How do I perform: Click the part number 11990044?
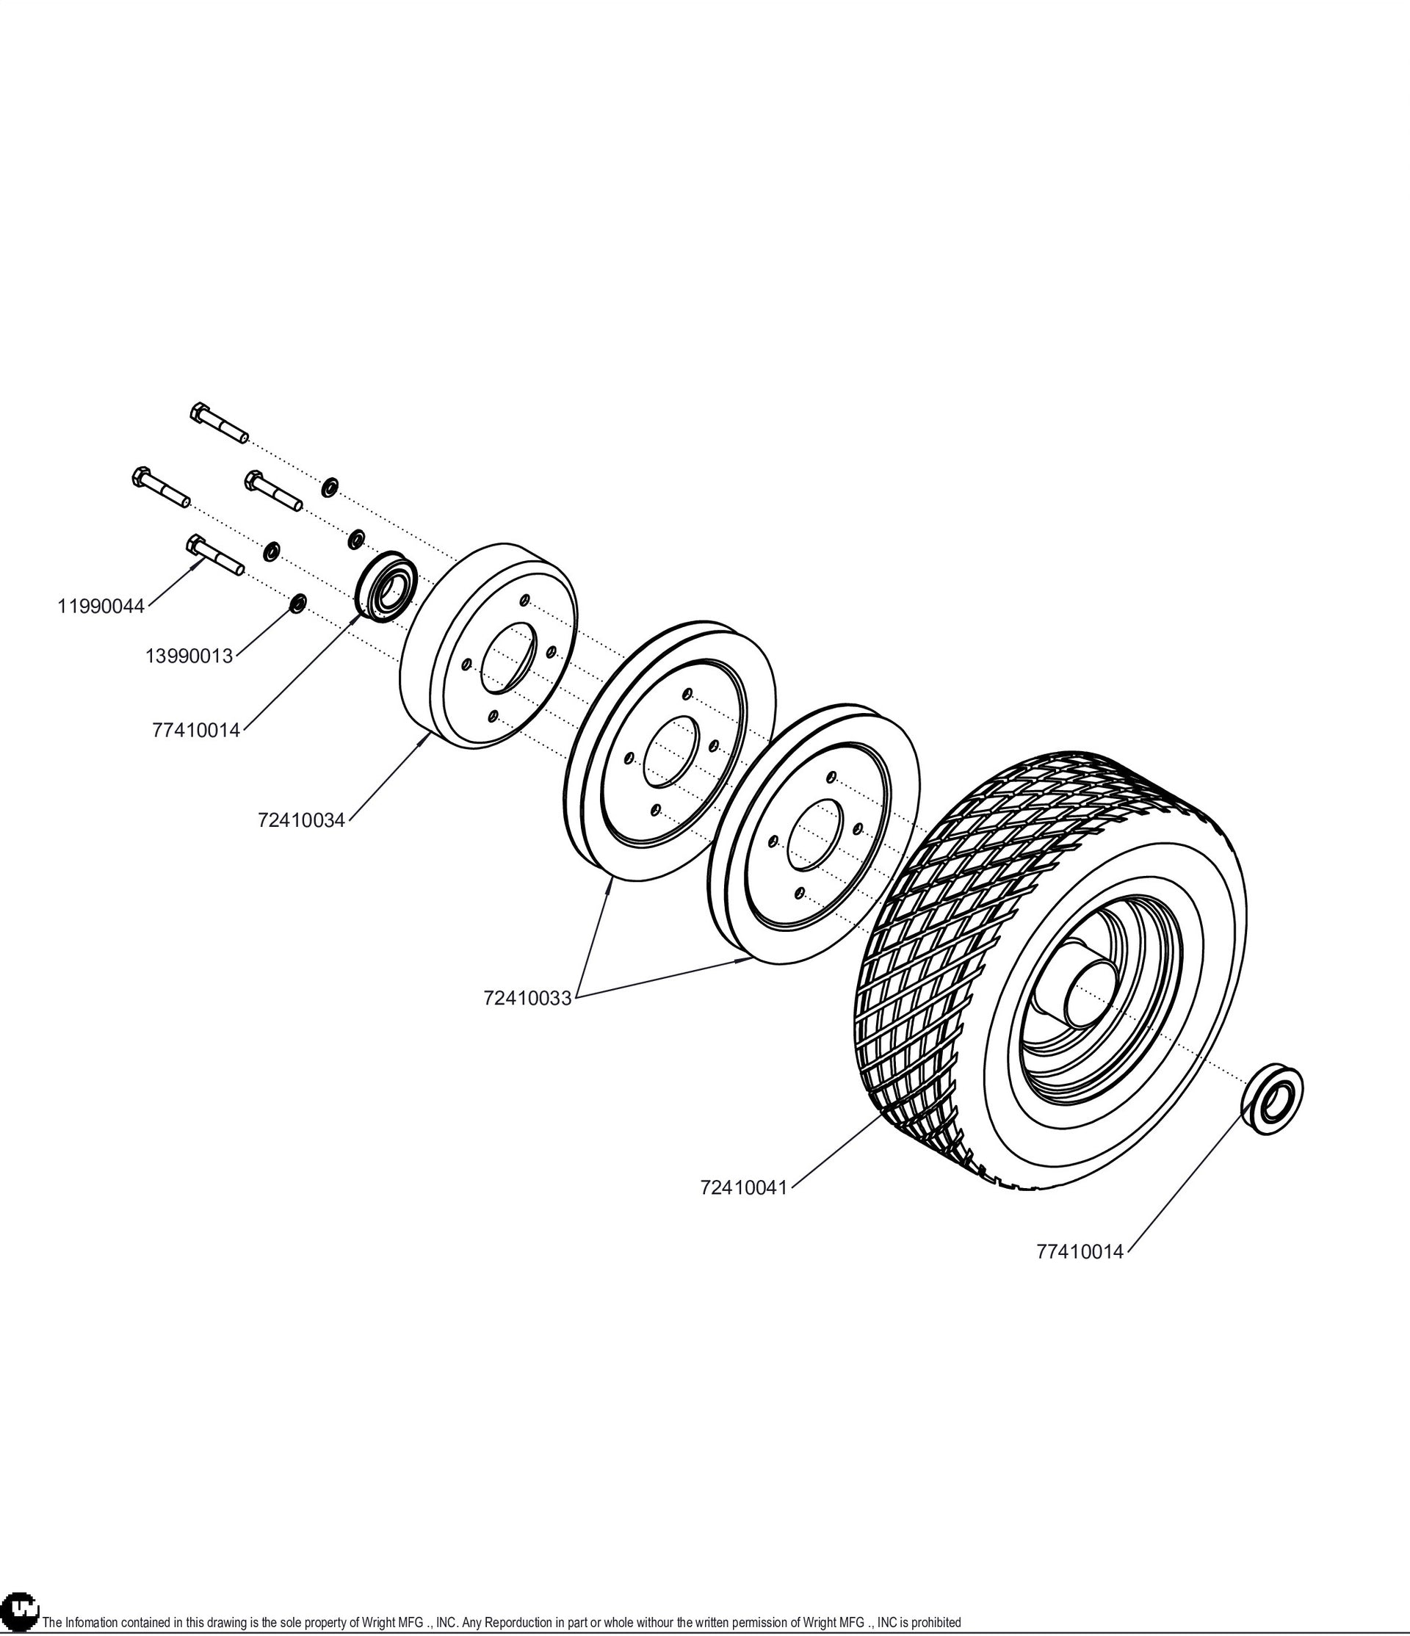coord(101,607)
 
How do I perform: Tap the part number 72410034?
coord(302,820)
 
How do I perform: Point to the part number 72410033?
coord(527,998)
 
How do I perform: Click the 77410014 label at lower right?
coord(1080,1251)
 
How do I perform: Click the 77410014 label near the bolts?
coord(196,731)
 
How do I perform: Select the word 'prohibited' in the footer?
coord(936,1624)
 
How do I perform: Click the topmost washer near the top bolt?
coord(329,486)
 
